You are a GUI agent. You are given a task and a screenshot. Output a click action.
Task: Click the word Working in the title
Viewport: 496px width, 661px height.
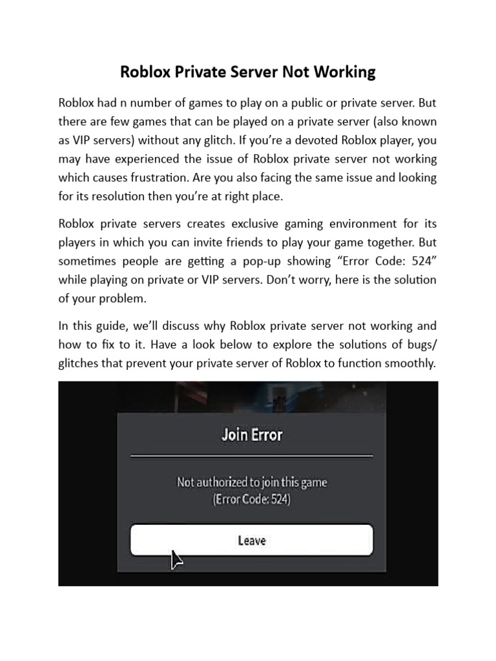344,72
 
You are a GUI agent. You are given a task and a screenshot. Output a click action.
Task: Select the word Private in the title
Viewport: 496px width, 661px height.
196,72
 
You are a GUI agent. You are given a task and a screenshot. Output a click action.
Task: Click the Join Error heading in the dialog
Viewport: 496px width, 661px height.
252,434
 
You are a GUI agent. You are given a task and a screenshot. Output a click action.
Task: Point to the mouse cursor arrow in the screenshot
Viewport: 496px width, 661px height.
176,560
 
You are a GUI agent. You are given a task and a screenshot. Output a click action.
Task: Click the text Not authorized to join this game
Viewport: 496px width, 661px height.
252,482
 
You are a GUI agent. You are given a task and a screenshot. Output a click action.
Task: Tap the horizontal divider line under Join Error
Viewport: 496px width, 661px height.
252,456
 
